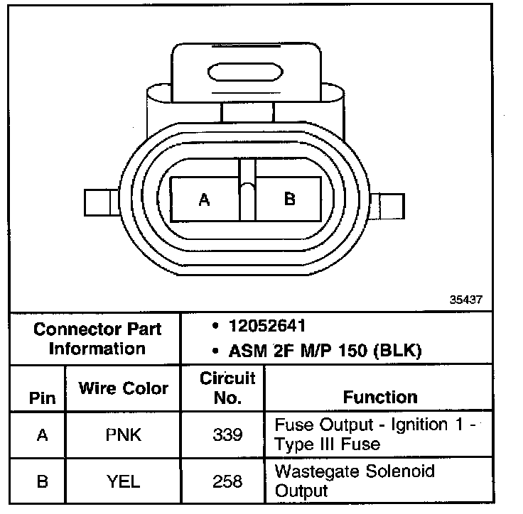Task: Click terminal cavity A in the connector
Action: point(205,199)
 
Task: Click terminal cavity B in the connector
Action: point(289,199)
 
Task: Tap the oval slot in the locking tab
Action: point(241,72)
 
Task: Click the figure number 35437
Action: point(465,300)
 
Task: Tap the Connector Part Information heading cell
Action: point(97,339)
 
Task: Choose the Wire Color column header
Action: point(123,388)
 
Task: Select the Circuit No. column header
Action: point(227,388)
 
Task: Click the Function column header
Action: point(380,397)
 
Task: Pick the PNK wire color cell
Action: point(123,434)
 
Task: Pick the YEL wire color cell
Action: point(123,481)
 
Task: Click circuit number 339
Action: point(227,434)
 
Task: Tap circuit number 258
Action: point(227,481)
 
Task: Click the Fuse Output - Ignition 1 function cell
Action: point(374,434)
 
